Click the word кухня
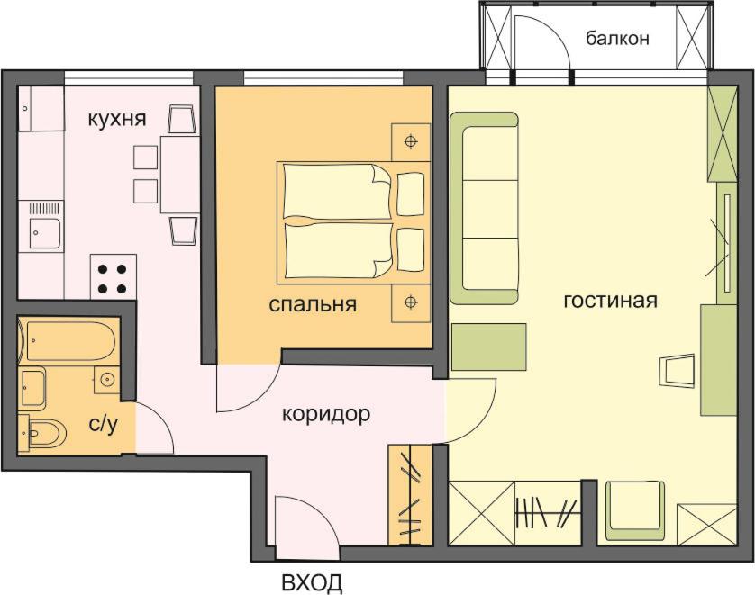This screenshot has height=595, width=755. (x=116, y=119)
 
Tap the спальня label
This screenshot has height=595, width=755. (x=313, y=304)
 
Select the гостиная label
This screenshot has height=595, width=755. (x=610, y=300)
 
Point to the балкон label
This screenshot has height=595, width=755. (x=617, y=38)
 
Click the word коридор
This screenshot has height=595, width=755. (x=326, y=414)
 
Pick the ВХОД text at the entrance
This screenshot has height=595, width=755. (x=312, y=583)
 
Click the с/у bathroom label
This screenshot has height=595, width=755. (x=104, y=424)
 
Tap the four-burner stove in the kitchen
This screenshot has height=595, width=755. (x=114, y=277)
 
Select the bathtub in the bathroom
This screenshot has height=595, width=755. (x=68, y=341)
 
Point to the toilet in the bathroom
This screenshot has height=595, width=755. (x=43, y=433)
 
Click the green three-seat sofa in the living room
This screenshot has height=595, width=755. (x=484, y=208)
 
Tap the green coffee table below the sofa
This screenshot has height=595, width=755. (x=488, y=347)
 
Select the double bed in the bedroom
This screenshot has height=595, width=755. (x=353, y=222)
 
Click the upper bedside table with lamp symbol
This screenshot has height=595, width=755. (x=411, y=142)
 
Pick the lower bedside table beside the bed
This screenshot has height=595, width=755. (x=411, y=303)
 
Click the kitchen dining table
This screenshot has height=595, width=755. (x=180, y=175)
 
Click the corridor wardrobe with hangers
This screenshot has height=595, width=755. (x=410, y=494)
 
